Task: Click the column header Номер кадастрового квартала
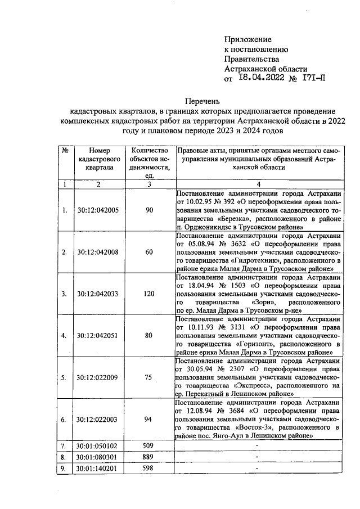tap(97, 159)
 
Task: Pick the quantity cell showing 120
tap(150, 293)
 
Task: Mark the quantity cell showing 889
tap(150, 456)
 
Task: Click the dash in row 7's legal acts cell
tap(256, 445)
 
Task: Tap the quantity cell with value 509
tap(150, 445)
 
